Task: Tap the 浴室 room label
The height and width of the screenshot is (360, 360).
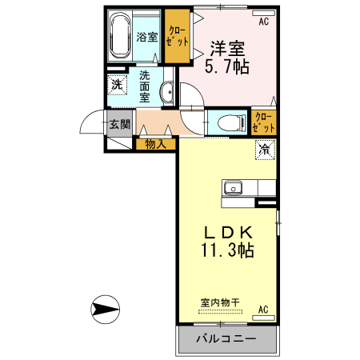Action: tap(146, 36)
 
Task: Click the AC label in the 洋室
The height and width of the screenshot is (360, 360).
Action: tap(263, 21)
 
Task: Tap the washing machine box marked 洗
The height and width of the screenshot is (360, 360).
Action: tap(117, 85)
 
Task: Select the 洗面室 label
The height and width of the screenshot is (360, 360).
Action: tap(146, 86)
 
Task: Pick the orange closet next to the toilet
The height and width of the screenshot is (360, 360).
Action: tap(262, 122)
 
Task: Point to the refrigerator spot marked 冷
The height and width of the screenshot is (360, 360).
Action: tap(264, 149)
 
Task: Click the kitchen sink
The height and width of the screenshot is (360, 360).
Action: tap(233, 188)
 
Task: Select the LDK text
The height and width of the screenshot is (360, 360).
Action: tap(228, 231)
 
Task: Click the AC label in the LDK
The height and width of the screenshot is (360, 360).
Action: tap(263, 309)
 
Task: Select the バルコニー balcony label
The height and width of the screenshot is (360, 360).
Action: tap(226, 339)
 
